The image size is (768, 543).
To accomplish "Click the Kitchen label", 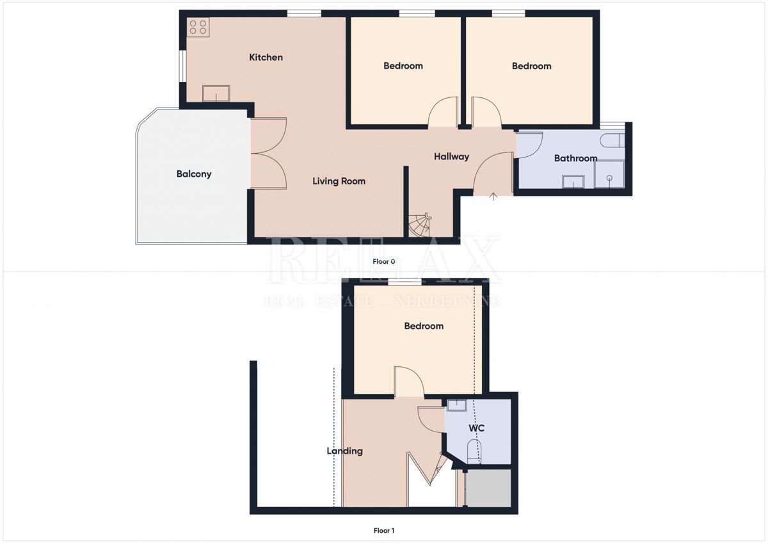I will point(266,58).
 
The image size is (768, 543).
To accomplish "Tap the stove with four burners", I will point(198,26).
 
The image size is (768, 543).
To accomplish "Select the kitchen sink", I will point(217,93).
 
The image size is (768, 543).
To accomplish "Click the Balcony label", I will point(194,174).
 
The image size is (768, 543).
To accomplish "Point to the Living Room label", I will point(339,181).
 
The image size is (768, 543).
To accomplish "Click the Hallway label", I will point(451,157).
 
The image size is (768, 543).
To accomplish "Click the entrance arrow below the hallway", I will point(493,197).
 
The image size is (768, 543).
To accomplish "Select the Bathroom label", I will point(575,158).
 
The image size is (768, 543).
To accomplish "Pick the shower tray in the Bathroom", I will point(609,174).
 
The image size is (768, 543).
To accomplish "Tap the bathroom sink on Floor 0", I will point(573,182).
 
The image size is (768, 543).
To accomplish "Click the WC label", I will point(476,428).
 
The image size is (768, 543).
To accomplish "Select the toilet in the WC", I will point(474,451).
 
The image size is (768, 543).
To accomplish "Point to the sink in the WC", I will point(457,405).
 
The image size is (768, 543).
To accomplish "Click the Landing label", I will point(345,451).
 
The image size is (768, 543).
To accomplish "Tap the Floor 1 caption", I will point(384,530).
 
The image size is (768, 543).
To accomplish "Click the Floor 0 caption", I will point(384,261).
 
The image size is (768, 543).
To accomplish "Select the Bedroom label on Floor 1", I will point(424,326).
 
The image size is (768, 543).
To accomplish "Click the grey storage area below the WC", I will point(488,489).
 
